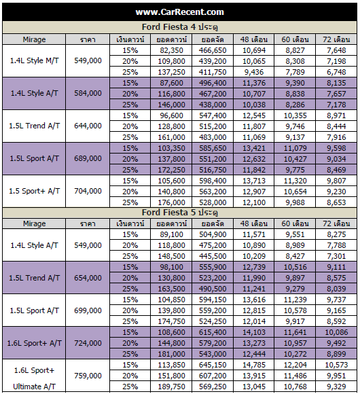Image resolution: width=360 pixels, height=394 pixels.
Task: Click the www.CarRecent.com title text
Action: pos(179,12)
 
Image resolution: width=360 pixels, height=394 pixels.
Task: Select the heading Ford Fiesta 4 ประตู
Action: pos(179,27)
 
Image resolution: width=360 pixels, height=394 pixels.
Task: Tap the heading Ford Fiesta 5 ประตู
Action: pos(179,213)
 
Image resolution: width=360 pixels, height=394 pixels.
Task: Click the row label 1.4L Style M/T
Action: pos(34,60)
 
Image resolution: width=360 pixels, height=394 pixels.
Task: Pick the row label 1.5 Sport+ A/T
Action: pos(34,191)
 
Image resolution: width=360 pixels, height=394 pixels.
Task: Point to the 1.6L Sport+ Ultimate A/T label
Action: pos(34,378)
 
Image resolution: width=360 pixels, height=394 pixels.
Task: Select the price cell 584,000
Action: pos(88,93)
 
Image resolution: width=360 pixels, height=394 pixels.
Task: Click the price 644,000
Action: pos(88,126)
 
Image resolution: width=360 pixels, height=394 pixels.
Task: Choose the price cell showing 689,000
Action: pos(88,158)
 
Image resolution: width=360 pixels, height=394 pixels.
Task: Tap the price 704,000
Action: pos(88,191)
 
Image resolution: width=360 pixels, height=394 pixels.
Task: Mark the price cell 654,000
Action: pos(88,278)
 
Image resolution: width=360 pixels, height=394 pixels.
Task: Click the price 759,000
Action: pos(88,376)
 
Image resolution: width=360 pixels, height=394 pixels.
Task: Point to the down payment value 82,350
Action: pos(172,50)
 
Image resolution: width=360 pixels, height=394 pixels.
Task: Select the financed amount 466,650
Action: pos(213,50)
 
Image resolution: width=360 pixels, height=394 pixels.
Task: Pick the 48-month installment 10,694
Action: pos(254,50)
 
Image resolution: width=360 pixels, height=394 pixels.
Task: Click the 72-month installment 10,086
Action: pos(336,332)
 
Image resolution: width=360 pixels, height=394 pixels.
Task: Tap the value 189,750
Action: pos(172,387)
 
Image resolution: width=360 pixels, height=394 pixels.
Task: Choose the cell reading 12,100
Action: pos(254,202)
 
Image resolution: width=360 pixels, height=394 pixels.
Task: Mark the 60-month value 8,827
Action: pos(295,50)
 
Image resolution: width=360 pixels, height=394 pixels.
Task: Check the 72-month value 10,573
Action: pos(336,365)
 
